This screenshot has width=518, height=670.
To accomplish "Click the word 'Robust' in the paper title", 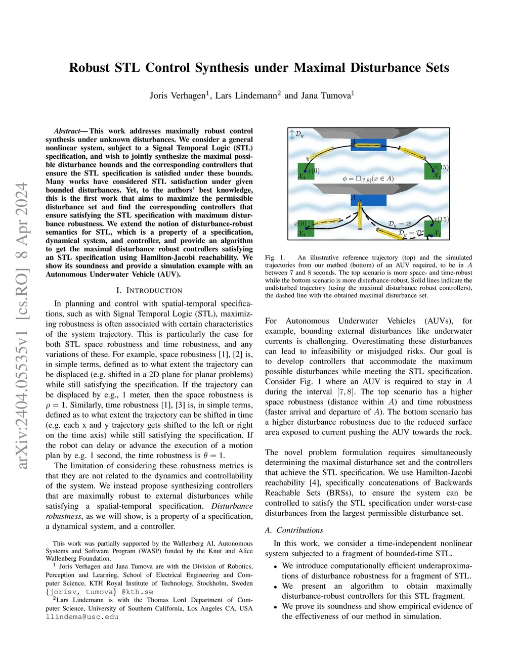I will [x=89, y=68].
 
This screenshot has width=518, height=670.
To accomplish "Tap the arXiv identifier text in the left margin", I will [x=22, y=326].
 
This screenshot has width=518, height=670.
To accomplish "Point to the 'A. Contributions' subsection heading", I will [x=294, y=530].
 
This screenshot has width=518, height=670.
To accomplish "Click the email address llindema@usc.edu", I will [x=82, y=616].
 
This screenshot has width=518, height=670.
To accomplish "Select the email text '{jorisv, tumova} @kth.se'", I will [x=99, y=592].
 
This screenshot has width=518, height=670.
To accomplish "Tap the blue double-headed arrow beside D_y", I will [x=291, y=135].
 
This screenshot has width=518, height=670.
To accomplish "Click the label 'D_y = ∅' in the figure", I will [x=399, y=224].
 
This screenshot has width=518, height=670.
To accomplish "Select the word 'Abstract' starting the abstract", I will [x=67, y=131].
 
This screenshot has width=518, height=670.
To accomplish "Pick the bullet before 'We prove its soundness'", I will [x=276, y=607].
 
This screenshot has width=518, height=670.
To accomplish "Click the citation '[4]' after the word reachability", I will [x=315, y=483].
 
